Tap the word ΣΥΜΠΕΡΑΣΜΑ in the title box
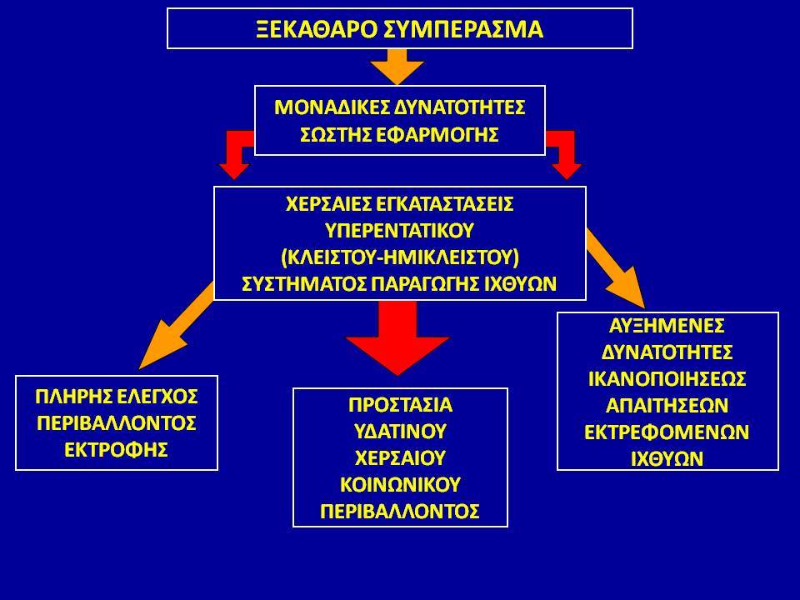462,28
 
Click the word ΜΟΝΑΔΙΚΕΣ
332,107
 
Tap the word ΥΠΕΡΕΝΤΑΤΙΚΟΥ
400,231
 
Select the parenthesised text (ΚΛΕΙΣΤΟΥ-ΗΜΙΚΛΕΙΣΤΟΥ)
400,257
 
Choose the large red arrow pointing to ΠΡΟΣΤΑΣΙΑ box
397,338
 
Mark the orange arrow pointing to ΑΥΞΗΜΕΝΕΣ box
616,268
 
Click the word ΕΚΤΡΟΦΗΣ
117,449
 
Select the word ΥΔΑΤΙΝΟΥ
400,431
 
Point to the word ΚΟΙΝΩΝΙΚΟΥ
400,484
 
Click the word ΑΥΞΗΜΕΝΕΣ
667,325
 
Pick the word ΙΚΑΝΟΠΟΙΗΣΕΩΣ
667,378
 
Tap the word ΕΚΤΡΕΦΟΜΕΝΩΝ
667,432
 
